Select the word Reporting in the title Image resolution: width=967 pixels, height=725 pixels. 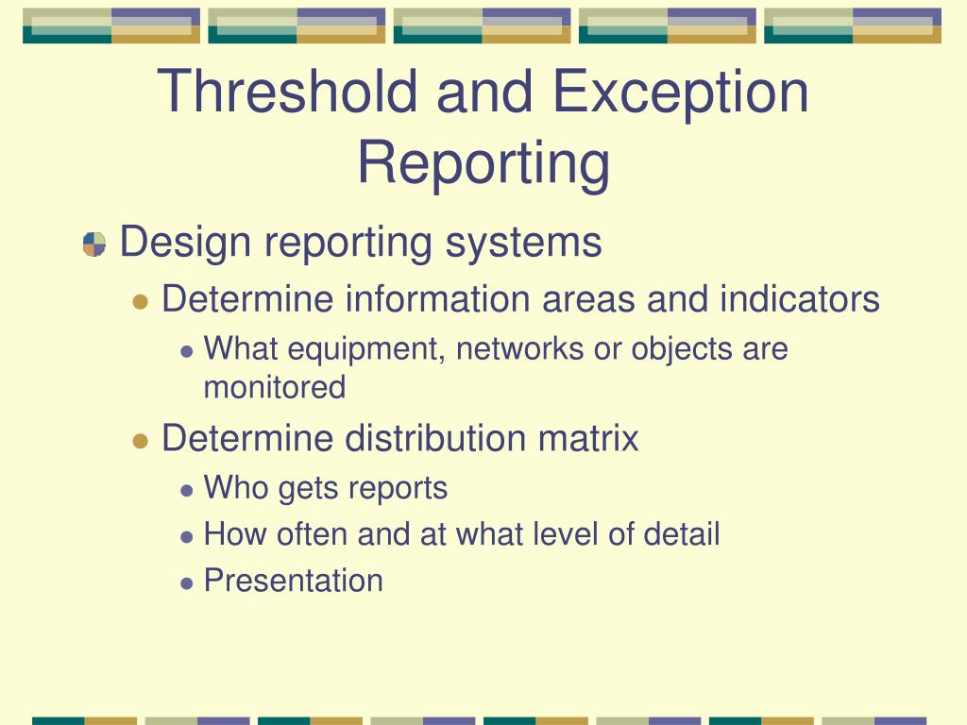point(483,161)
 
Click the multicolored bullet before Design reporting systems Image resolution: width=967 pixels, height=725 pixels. point(94,244)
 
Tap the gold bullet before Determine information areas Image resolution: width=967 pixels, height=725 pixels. point(141,302)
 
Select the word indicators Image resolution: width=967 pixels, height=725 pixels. point(800,300)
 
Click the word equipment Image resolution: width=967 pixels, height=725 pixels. point(367,350)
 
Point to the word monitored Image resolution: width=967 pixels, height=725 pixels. point(275,387)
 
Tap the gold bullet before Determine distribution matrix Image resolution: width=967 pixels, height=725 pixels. point(141,441)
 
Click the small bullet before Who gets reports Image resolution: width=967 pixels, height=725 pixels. point(187,490)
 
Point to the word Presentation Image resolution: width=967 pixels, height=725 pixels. point(294,581)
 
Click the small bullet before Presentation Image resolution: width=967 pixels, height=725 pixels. point(187,582)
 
